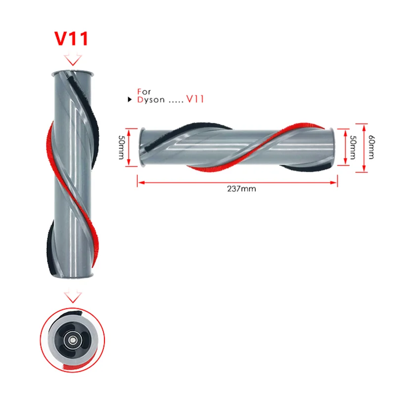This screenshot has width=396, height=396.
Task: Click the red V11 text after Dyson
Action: tap(194, 99)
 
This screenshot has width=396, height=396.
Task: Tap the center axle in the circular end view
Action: tap(73, 340)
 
